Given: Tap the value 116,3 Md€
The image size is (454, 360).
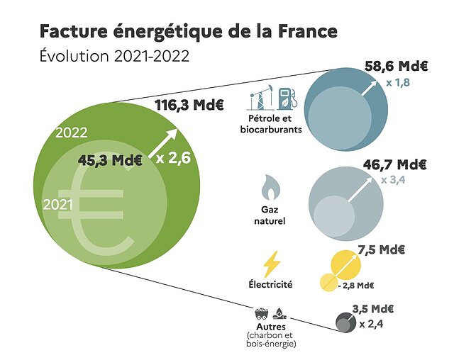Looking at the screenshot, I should click(x=189, y=106).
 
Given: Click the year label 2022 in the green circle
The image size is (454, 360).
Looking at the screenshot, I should click(x=72, y=133).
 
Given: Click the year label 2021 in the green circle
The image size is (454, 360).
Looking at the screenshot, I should click(x=58, y=204).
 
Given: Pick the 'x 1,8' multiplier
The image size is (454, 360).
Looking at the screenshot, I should click(x=398, y=83).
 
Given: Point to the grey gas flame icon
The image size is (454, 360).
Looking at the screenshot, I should click(x=270, y=188).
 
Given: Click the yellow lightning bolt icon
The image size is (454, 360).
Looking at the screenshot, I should click(x=272, y=264).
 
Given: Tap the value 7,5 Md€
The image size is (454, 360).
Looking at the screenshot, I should click(x=382, y=249).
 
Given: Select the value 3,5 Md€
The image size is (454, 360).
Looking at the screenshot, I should click(x=373, y=309).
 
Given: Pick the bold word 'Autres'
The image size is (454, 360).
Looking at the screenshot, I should click(x=270, y=327).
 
